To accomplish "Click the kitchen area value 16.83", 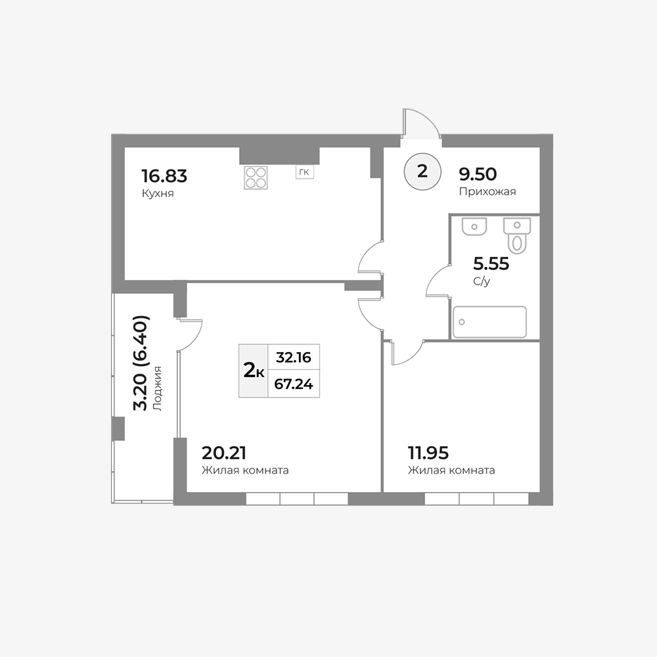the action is point(164,176).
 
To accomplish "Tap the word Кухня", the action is point(158,194).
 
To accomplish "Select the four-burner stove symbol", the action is point(256,177).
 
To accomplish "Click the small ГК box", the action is point(305,171).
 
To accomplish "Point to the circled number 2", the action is point(422,171).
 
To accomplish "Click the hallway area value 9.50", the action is point(478,173).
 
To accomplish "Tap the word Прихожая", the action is point(487,191).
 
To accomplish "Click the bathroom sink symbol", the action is point(474,226).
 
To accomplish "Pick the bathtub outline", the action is point(489,322).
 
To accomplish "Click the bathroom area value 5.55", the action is point(491,263).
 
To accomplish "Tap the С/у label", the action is point(482,282).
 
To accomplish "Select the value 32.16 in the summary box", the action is point(293,357).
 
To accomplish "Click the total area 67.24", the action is point(293,384).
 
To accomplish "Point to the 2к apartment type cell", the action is point(253,371).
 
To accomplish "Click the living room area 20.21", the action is point(224,453).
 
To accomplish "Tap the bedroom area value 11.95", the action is point(428,453).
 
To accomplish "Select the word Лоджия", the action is point(157,388).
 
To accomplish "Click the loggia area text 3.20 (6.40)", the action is point(140,363).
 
